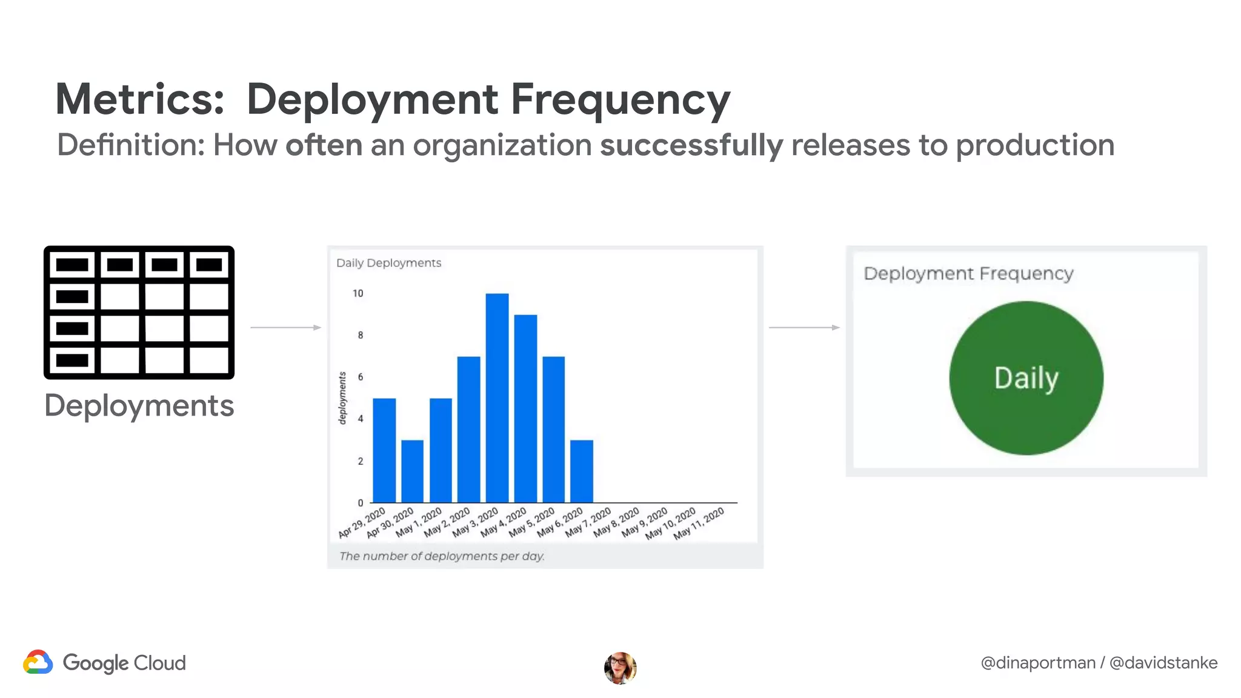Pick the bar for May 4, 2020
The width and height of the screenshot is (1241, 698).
click(x=525, y=408)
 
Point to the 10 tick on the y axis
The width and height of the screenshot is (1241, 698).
click(x=358, y=293)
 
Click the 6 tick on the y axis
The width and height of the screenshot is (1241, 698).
click(x=361, y=377)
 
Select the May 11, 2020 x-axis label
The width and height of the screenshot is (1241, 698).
click(x=699, y=523)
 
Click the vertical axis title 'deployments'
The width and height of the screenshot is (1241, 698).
click(x=342, y=398)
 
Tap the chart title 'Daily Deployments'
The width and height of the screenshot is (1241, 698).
click(x=388, y=263)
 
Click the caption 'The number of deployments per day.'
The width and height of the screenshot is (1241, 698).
click(x=442, y=556)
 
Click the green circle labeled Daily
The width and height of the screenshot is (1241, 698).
click(x=1026, y=378)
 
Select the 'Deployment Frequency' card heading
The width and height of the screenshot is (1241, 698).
click(x=968, y=273)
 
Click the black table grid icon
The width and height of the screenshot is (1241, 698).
click(x=139, y=313)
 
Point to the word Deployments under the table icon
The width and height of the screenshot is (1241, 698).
click(x=139, y=405)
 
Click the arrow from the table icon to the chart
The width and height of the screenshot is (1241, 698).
click(x=285, y=327)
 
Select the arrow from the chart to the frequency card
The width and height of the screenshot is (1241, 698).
click(x=804, y=327)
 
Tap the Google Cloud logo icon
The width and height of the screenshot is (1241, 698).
click(x=38, y=662)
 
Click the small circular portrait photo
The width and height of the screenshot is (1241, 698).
click(x=620, y=668)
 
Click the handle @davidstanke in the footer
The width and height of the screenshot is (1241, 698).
click(x=1163, y=663)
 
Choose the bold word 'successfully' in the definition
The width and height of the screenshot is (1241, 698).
click(x=691, y=145)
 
